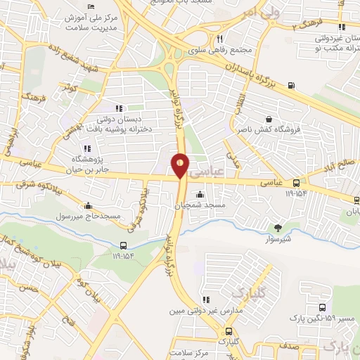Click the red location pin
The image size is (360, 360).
coord(181,165)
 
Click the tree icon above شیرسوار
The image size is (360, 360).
coord(278,227)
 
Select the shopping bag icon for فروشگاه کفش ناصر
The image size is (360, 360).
coord(269,120)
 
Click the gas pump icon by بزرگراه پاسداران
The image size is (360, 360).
coord(292,87)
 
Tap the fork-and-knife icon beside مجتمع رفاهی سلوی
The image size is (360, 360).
coord(220,39)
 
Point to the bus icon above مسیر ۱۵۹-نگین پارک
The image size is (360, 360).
coord(322,308)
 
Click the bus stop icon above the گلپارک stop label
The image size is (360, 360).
coord(228,331)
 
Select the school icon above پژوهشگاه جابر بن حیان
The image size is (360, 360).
coord(87,148)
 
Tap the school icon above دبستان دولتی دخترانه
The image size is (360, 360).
coord(119,108)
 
